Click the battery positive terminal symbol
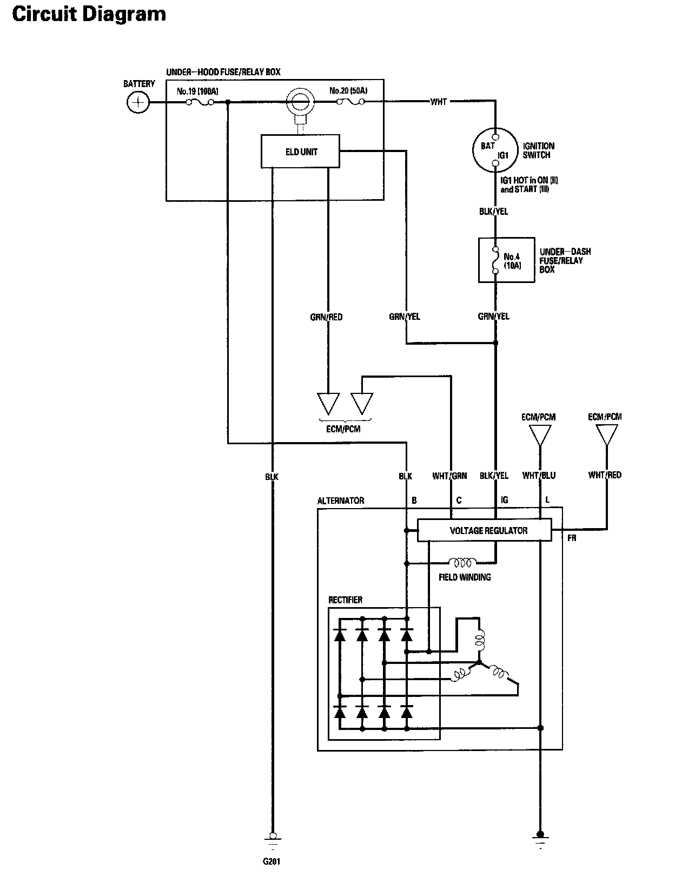click(x=138, y=102)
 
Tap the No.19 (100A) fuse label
click(x=197, y=91)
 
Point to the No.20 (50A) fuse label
click(x=348, y=90)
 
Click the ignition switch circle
click(x=473, y=150)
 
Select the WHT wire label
click(x=439, y=102)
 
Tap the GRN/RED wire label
click(x=326, y=317)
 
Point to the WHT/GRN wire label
click(x=449, y=476)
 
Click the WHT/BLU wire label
click(x=539, y=475)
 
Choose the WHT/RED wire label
click(x=605, y=475)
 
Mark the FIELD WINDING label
click(x=465, y=577)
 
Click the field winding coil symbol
click(x=462, y=563)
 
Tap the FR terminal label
click(x=572, y=538)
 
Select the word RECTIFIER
click(x=345, y=600)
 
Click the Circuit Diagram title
click(x=89, y=14)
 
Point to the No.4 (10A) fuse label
click(x=512, y=261)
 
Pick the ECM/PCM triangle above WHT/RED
click(x=607, y=435)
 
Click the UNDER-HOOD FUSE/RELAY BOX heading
click(x=223, y=73)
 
